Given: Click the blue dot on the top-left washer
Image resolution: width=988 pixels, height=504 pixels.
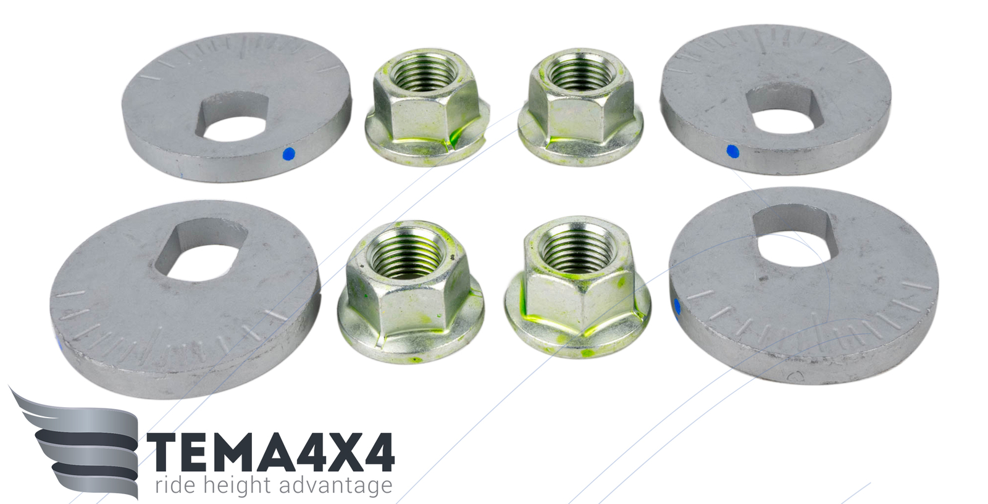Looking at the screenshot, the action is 289,154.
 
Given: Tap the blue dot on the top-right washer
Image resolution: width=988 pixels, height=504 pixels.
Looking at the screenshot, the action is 732,151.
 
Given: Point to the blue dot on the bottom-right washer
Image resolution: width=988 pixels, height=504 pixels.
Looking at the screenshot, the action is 677,306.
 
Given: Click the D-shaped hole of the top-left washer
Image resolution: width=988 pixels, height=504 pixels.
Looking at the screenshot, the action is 232,117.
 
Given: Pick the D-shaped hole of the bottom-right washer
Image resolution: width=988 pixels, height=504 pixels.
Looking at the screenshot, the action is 795,237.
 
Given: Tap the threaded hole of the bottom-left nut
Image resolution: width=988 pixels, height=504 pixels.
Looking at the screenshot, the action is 406,254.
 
